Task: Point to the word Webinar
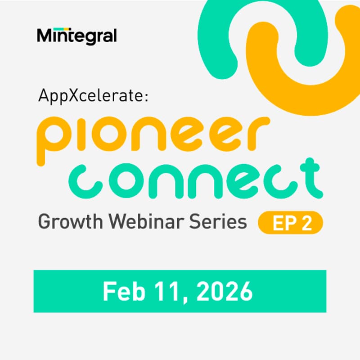(x=145, y=221)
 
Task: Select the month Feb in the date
(x=120, y=291)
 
